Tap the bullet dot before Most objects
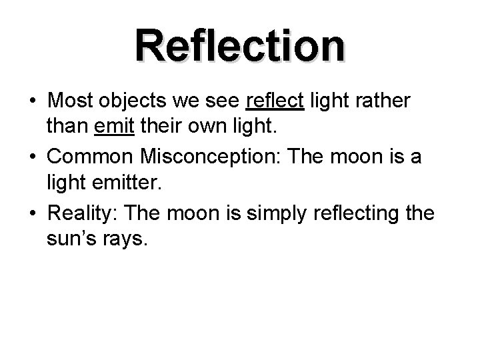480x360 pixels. (x=31, y=101)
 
